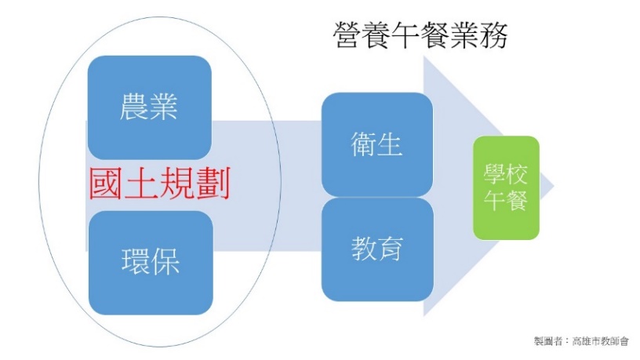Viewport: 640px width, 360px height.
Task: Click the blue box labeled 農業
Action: pyautogui.click(x=149, y=107)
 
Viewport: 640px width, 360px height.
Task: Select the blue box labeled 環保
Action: pyautogui.click(x=151, y=263)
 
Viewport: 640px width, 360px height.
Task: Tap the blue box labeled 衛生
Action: pyautogui.click(x=377, y=144)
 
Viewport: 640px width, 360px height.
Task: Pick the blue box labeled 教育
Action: pyautogui.click(x=377, y=249)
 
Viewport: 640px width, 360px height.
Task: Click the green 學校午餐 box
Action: pyautogui.click(x=506, y=187)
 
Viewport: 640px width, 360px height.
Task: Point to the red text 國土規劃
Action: pyautogui.click(x=159, y=184)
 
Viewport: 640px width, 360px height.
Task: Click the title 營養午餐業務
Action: pyautogui.click(x=420, y=36)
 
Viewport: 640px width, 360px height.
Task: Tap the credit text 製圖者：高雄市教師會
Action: pyautogui.click(x=581, y=341)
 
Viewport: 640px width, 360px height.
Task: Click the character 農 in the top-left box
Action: pyautogui.click(x=134, y=107)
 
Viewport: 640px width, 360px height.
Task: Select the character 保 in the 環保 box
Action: pyautogui.click(x=165, y=262)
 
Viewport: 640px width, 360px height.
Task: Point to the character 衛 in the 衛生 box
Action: pyautogui.click(x=364, y=144)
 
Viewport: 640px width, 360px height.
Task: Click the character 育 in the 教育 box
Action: pyautogui.click(x=391, y=249)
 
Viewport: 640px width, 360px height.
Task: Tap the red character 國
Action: pyautogui.click(x=106, y=184)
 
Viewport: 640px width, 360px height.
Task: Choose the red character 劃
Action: pyautogui.click(x=214, y=184)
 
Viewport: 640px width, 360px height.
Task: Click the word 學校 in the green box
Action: pyautogui.click(x=506, y=174)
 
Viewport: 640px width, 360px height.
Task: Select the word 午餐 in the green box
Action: pyautogui.click(x=506, y=201)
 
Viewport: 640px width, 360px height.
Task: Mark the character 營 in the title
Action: pyautogui.click(x=347, y=36)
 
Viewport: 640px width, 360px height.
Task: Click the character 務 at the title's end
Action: pyautogui.click(x=494, y=36)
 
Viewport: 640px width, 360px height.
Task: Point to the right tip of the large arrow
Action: pyautogui.click(x=554, y=186)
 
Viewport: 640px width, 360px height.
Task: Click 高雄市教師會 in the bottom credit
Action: pyautogui.click(x=600, y=341)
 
